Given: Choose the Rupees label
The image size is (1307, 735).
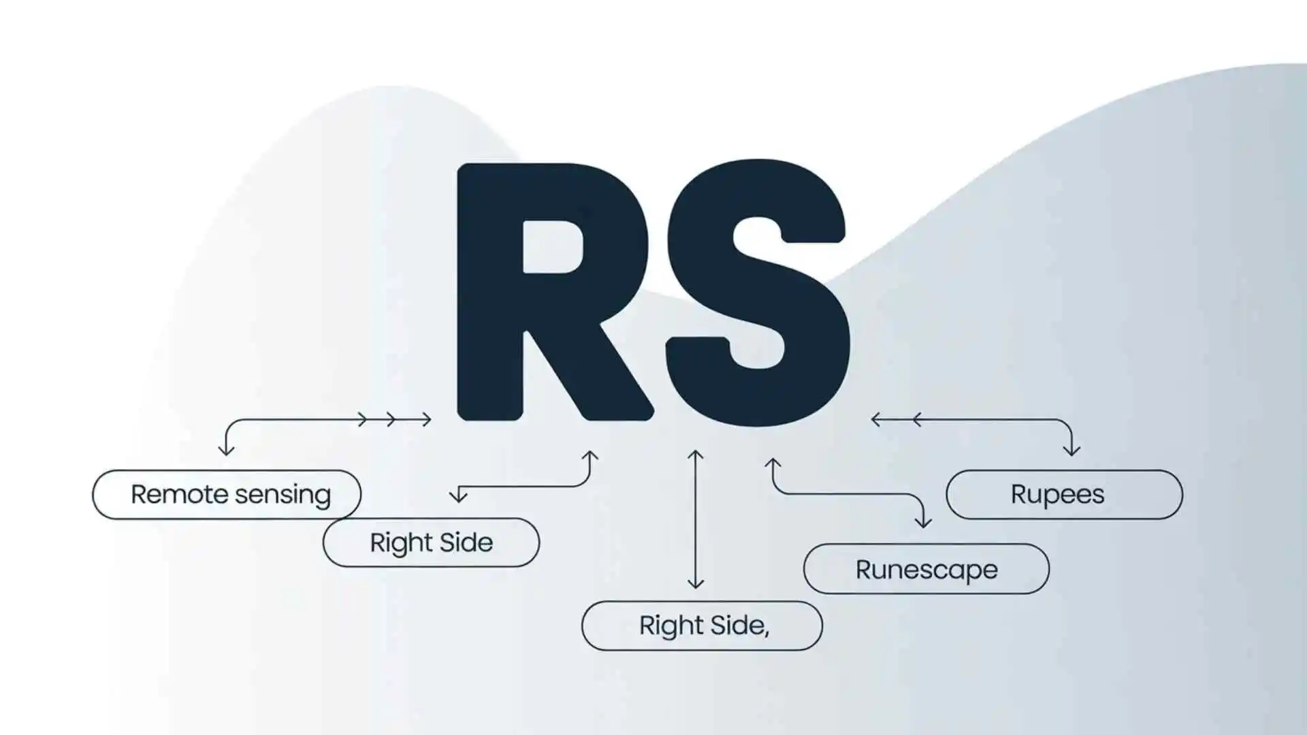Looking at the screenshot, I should (x=1057, y=495).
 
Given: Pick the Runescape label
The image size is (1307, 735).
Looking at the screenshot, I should (x=926, y=570).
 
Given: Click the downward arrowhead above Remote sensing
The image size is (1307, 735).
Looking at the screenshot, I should (x=227, y=450).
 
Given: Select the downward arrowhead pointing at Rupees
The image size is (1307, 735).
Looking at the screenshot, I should (x=1071, y=451).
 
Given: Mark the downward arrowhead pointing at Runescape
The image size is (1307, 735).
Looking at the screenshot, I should (x=922, y=523).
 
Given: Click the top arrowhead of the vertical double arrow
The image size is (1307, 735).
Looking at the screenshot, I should (x=695, y=455).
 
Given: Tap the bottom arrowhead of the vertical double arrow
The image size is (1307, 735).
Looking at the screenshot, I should (x=695, y=583).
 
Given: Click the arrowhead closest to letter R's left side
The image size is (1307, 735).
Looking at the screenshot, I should (x=427, y=419).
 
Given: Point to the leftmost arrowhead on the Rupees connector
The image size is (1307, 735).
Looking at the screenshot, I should (x=875, y=419).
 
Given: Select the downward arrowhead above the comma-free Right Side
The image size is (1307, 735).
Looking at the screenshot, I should (x=459, y=497).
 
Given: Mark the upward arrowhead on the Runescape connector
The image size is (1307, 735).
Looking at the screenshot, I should (x=773, y=463).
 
